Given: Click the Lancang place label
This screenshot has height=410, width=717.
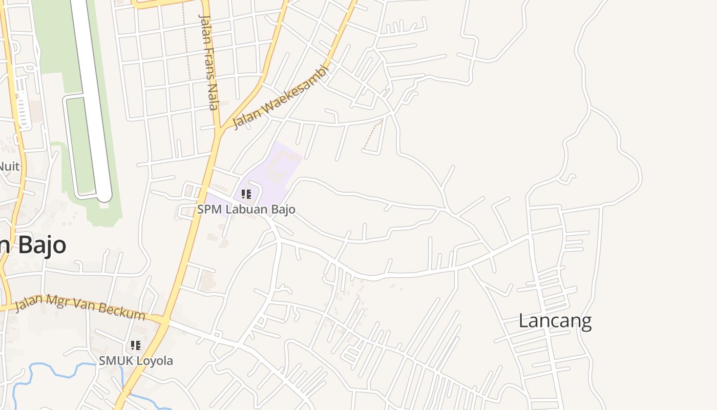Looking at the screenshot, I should tap(555, 321).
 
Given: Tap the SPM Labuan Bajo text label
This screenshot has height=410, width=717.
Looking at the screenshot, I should tap(246, 210).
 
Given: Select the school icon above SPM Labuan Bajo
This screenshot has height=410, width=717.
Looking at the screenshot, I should tap(246, 194).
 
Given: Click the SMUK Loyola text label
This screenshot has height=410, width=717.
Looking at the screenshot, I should tap(136, 361).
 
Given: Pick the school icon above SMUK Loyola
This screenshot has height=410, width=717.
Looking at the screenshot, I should tap(136, 345).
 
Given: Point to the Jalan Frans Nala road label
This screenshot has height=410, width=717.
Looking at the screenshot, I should tap(208, 61).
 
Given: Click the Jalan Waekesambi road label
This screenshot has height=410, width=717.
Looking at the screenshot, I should tap(280, 97).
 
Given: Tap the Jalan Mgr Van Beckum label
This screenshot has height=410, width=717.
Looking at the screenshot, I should tap(80, 306).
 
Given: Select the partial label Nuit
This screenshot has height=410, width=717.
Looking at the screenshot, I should tap(9, 166).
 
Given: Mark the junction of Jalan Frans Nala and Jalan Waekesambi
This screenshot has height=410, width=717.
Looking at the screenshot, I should tap(219, 131).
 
